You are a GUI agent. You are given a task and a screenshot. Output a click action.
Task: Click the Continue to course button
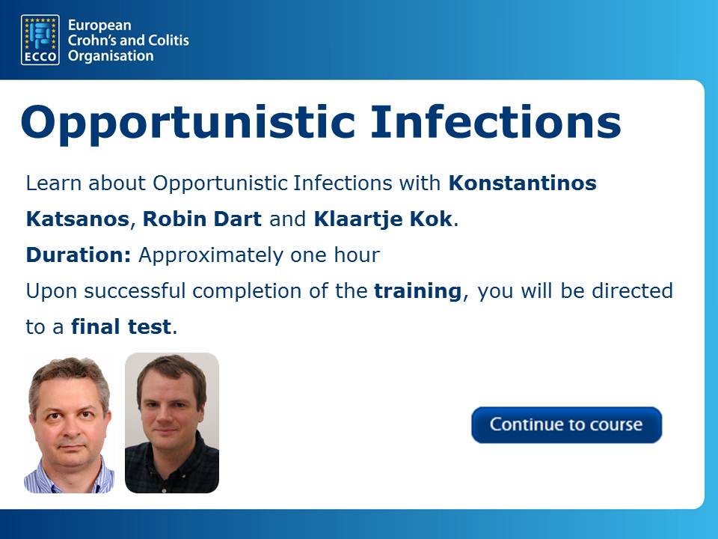566,425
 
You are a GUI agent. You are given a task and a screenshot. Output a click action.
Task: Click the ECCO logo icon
40,40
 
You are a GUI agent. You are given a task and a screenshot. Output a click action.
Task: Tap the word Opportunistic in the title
188,123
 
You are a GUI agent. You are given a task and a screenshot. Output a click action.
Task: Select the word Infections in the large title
496,121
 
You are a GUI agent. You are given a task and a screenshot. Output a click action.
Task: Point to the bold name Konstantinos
523,183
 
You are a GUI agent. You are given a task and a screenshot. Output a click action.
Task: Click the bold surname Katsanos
78,219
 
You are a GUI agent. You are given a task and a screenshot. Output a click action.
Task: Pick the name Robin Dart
203,219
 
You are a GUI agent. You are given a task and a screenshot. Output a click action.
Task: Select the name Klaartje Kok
383,219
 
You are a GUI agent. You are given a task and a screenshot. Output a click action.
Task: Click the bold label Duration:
79,255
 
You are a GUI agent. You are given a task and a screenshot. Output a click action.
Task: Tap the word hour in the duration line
357,255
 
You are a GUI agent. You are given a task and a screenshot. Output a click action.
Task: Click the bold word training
417,291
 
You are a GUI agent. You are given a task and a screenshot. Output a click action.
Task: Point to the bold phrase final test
121,327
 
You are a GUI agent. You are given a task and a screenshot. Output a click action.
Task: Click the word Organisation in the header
111,56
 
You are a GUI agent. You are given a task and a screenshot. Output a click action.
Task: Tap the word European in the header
99,25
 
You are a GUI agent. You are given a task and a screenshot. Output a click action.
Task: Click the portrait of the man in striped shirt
69,423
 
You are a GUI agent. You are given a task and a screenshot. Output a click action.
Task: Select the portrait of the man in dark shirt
172,423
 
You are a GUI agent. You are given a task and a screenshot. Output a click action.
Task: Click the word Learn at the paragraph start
54,183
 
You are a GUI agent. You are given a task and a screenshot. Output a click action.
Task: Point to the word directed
633,290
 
